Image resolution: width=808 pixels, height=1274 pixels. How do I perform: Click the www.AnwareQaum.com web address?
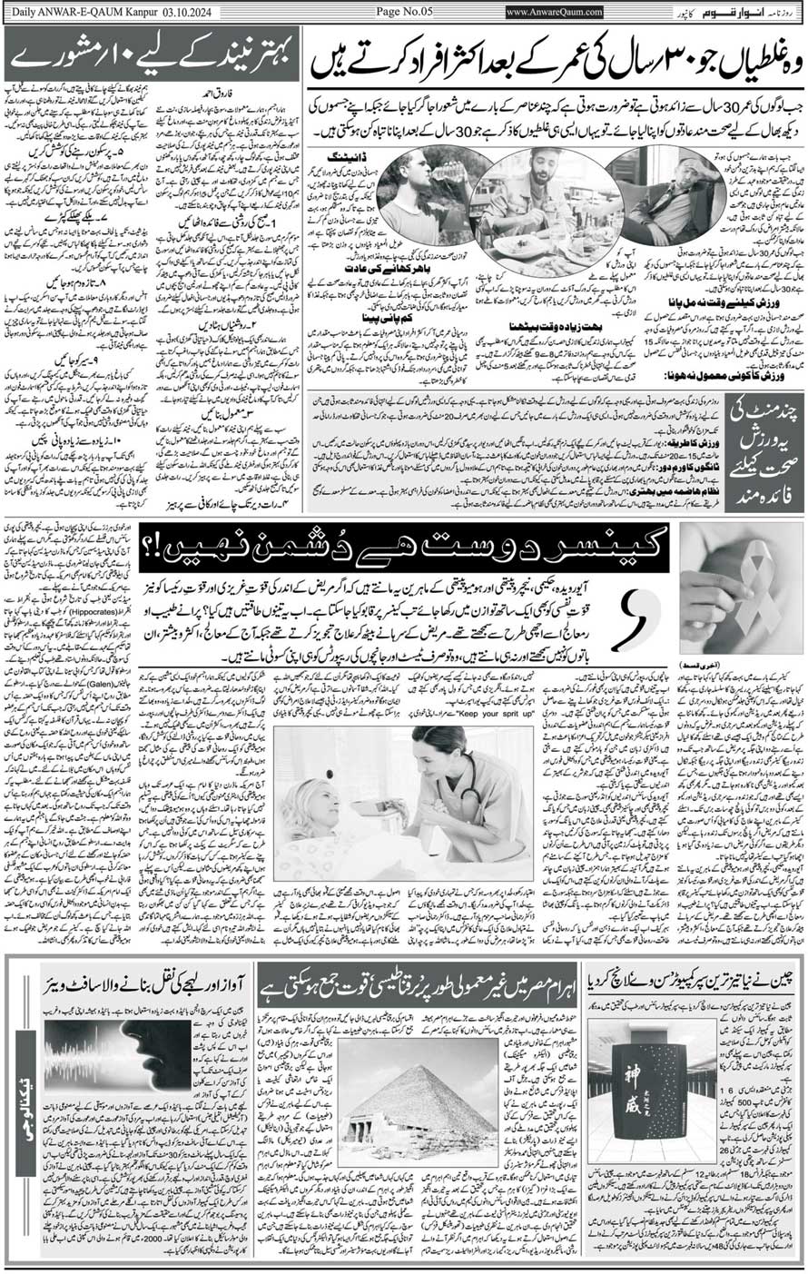point(557,11)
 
